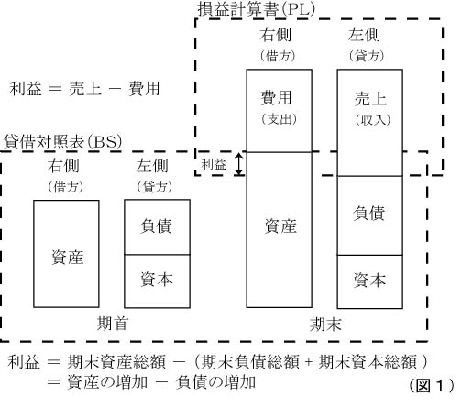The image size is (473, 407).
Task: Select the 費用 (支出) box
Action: coord(280,109)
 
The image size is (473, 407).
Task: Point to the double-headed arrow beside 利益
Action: coord(240,163)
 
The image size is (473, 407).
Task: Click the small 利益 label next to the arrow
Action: coord(214,164)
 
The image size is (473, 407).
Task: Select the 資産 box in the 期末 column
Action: coord(280,229)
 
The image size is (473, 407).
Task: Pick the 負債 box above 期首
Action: coord(157,225)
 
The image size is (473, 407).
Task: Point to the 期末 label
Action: coord(323,324)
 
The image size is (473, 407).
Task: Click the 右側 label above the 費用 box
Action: coord(279,38)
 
